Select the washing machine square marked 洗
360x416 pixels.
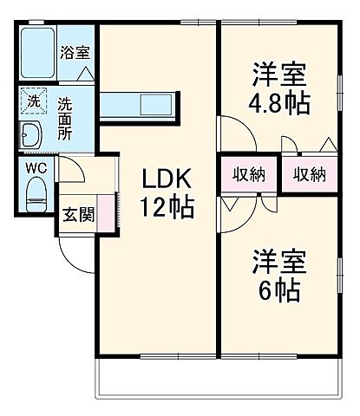click(32, 101)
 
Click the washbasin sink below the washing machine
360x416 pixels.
click(31, 135)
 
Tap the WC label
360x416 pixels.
click(36, 166)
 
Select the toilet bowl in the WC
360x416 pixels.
click(36, 192)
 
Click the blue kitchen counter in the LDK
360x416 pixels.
click(140, 105)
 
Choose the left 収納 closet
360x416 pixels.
click(248, 174)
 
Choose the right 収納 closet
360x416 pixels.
click(309, 174)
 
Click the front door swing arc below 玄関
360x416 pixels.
click(76, 251)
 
